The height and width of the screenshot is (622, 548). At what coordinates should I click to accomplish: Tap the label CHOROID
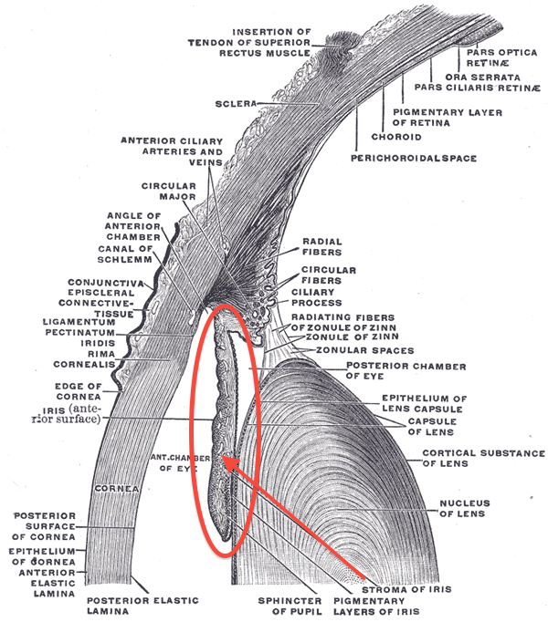tap(395, 137)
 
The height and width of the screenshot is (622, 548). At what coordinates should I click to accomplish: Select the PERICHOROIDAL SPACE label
tap(414, 158)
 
